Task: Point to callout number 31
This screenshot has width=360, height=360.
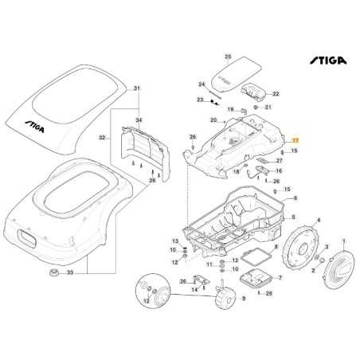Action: click(136, 88)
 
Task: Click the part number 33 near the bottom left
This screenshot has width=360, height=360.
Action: click(70, 273)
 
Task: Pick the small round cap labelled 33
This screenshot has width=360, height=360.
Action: click(54, 273)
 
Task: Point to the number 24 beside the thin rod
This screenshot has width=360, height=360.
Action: click(201, 84)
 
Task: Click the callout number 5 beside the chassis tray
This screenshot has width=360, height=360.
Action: click(293, 217)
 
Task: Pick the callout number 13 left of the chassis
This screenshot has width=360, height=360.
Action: click(175, 240)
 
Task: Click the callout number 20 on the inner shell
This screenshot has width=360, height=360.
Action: click(213, 120)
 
